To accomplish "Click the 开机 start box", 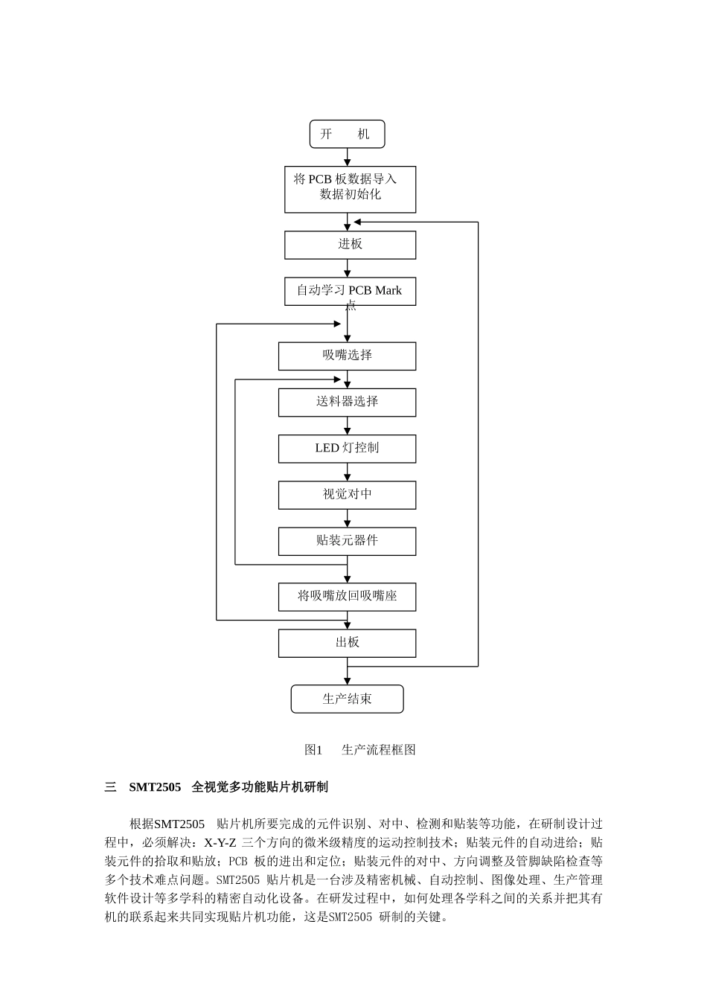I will click(347, 135).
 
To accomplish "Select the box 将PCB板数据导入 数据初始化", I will click(350, 189).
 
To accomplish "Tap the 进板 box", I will click(350, 245).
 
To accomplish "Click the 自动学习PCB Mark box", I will click(350, 291).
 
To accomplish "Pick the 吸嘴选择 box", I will click(347, 356).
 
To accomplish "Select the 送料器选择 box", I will click(347, 403).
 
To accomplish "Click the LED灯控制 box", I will click(347, 449).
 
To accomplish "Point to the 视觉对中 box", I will click(347, 495).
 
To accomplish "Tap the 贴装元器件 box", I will click(347, 541).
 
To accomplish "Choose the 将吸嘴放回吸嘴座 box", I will click(347, 597).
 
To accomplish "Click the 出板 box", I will click(347, 643).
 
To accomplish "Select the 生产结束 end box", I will click(347, 699).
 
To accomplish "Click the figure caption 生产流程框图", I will click(378, 750).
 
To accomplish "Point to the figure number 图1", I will click(313, 750).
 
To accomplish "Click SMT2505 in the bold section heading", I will click(155, 786).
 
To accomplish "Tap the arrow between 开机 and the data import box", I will click(347, 157).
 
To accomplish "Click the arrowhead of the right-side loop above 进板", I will click(357, 222).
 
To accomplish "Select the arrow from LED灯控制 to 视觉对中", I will click(347, 472).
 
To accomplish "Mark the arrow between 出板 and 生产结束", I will click(347, 672).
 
